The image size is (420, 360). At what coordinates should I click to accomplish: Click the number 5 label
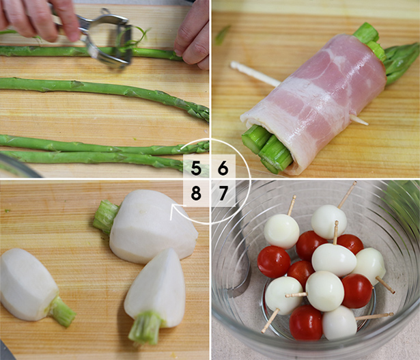pyautogui.click(x=196, y=169)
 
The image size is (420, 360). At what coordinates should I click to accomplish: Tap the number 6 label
pyautogui.click(x=223, y=169)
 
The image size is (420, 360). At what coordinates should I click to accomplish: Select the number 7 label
pyautogui.click(x=223, y=193)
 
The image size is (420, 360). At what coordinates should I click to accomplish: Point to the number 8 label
pyautogui.click(x=196, y=193)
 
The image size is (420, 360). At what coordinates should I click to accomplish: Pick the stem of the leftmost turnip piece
pyautogui.click(x=61, y=312)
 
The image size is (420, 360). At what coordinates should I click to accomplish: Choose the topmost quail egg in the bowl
pyautogui.click(x=329, y=222)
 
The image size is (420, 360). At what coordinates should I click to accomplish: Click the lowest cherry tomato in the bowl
pyautogui.click(x=306, y=322)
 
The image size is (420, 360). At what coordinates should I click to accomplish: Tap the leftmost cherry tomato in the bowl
pyautogui.click(x=274, y=262)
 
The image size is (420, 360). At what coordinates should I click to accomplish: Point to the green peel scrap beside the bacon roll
pyautogui.click(x=223, y=35)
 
